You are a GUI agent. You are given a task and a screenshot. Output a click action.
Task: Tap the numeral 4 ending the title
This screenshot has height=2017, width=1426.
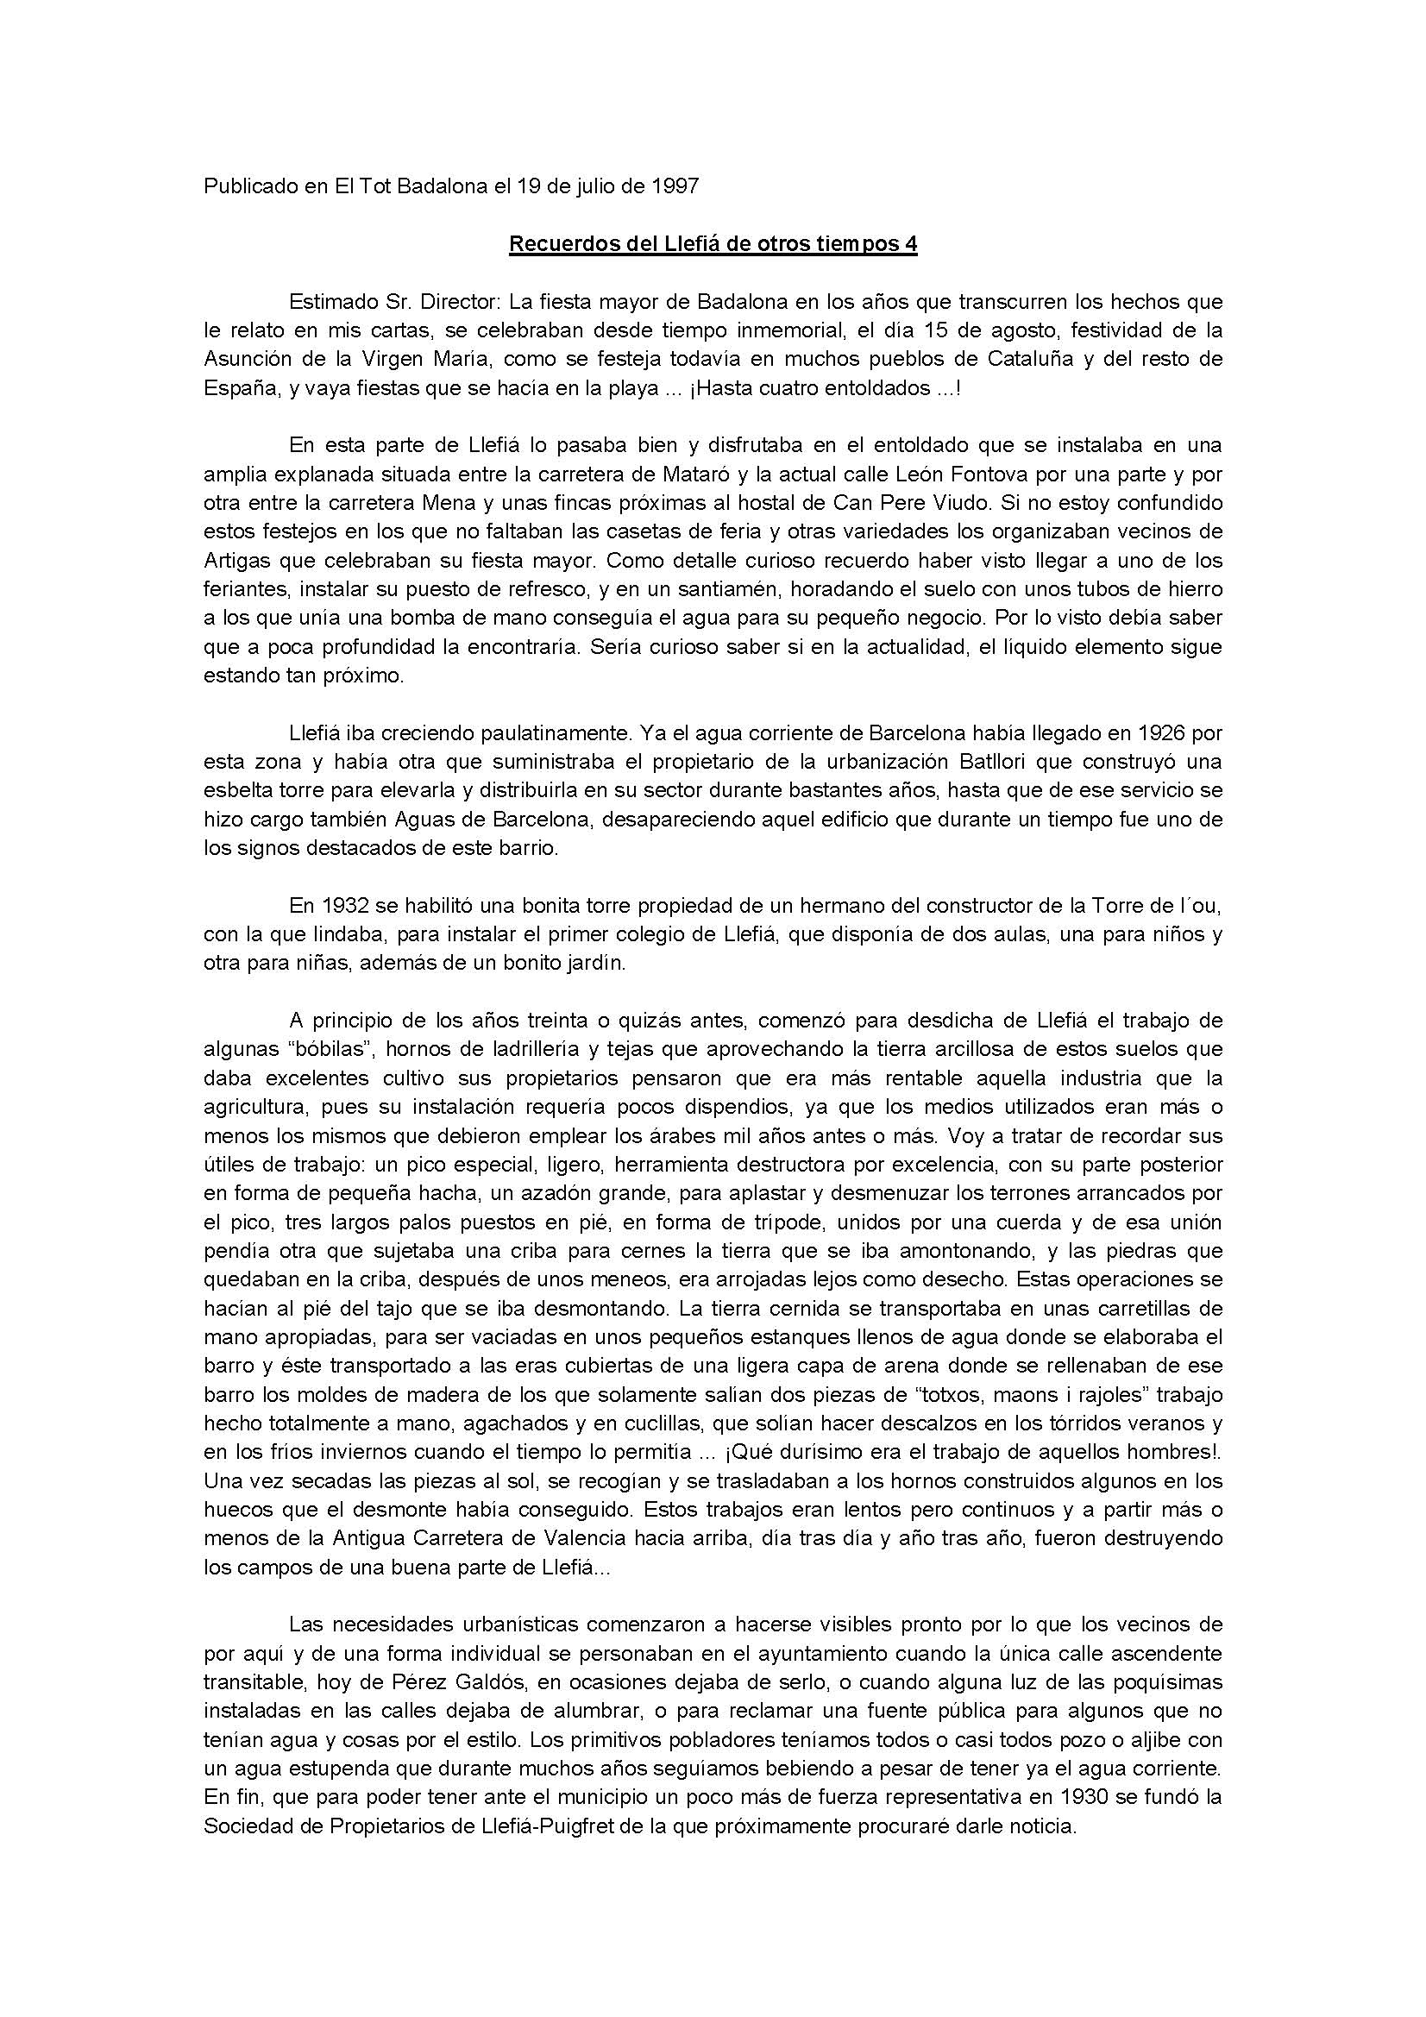coord(911,244)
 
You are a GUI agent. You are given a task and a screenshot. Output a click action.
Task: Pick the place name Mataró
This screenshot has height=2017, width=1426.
coord(699,474)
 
